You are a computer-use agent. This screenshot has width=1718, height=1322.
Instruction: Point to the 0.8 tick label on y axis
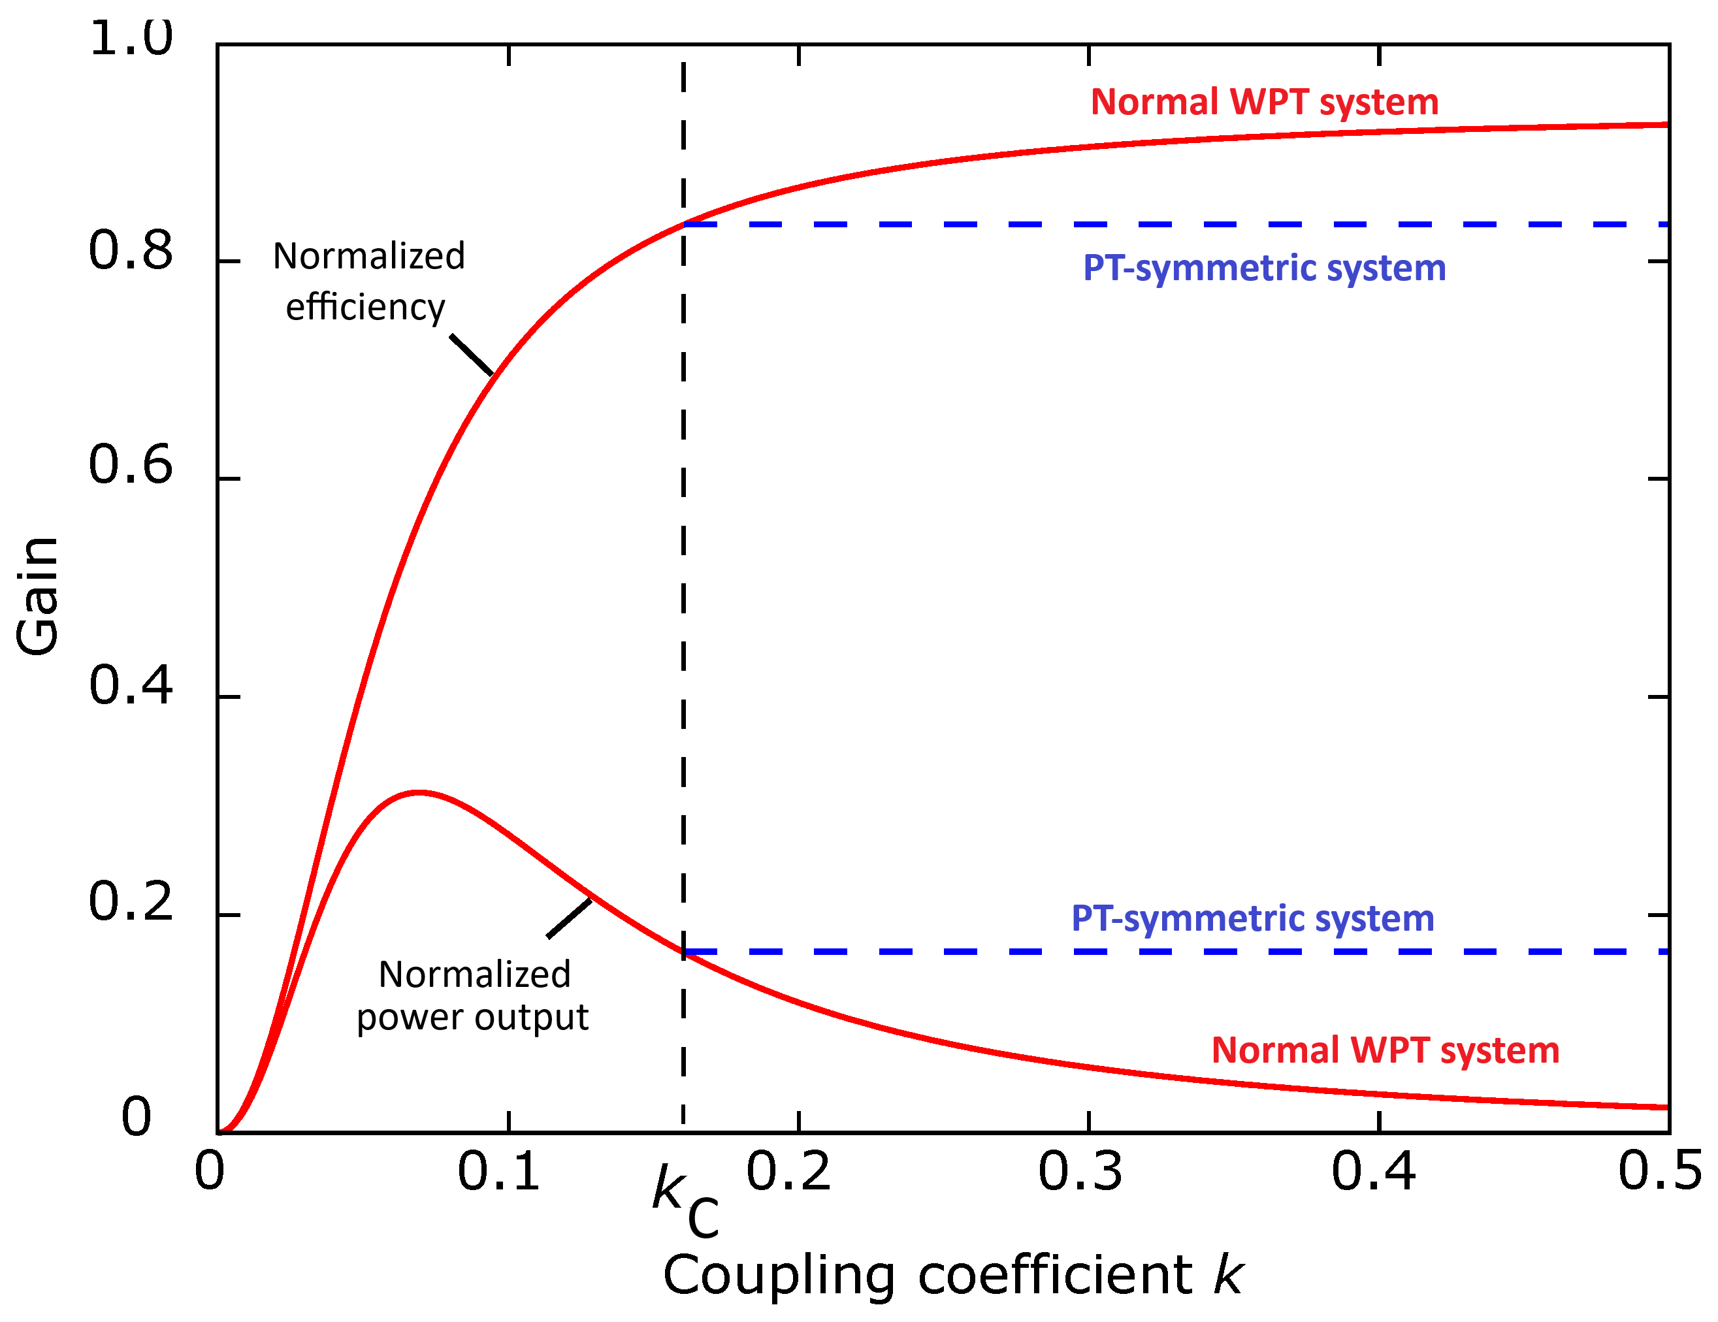coord(131,251)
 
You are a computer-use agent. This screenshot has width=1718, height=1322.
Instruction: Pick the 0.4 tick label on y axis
coord(131,685)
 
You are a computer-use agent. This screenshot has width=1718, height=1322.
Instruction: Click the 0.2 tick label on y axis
coord(131,901)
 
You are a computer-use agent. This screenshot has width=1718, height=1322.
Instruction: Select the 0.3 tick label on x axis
coord(1080,1171)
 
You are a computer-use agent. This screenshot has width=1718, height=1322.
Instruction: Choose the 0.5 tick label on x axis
coord(1660,1171)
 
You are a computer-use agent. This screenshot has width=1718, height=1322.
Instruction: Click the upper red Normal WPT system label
coord(1264,103)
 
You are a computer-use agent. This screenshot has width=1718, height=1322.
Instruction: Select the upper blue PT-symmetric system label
coord(1264,268)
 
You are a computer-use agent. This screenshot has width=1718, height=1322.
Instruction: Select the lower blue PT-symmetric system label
coord(1252,918)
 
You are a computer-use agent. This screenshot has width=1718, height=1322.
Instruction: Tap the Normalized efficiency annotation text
coord(368,281)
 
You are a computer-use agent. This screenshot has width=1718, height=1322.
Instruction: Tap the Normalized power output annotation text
coord(474,995)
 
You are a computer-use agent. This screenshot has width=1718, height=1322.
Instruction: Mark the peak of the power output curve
coord(419,792)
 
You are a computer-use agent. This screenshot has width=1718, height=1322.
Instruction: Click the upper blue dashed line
coord(1180,225)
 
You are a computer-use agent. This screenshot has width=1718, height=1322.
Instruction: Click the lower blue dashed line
coord(1180,952)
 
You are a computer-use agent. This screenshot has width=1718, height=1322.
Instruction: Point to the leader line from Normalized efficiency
coord(472,355)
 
